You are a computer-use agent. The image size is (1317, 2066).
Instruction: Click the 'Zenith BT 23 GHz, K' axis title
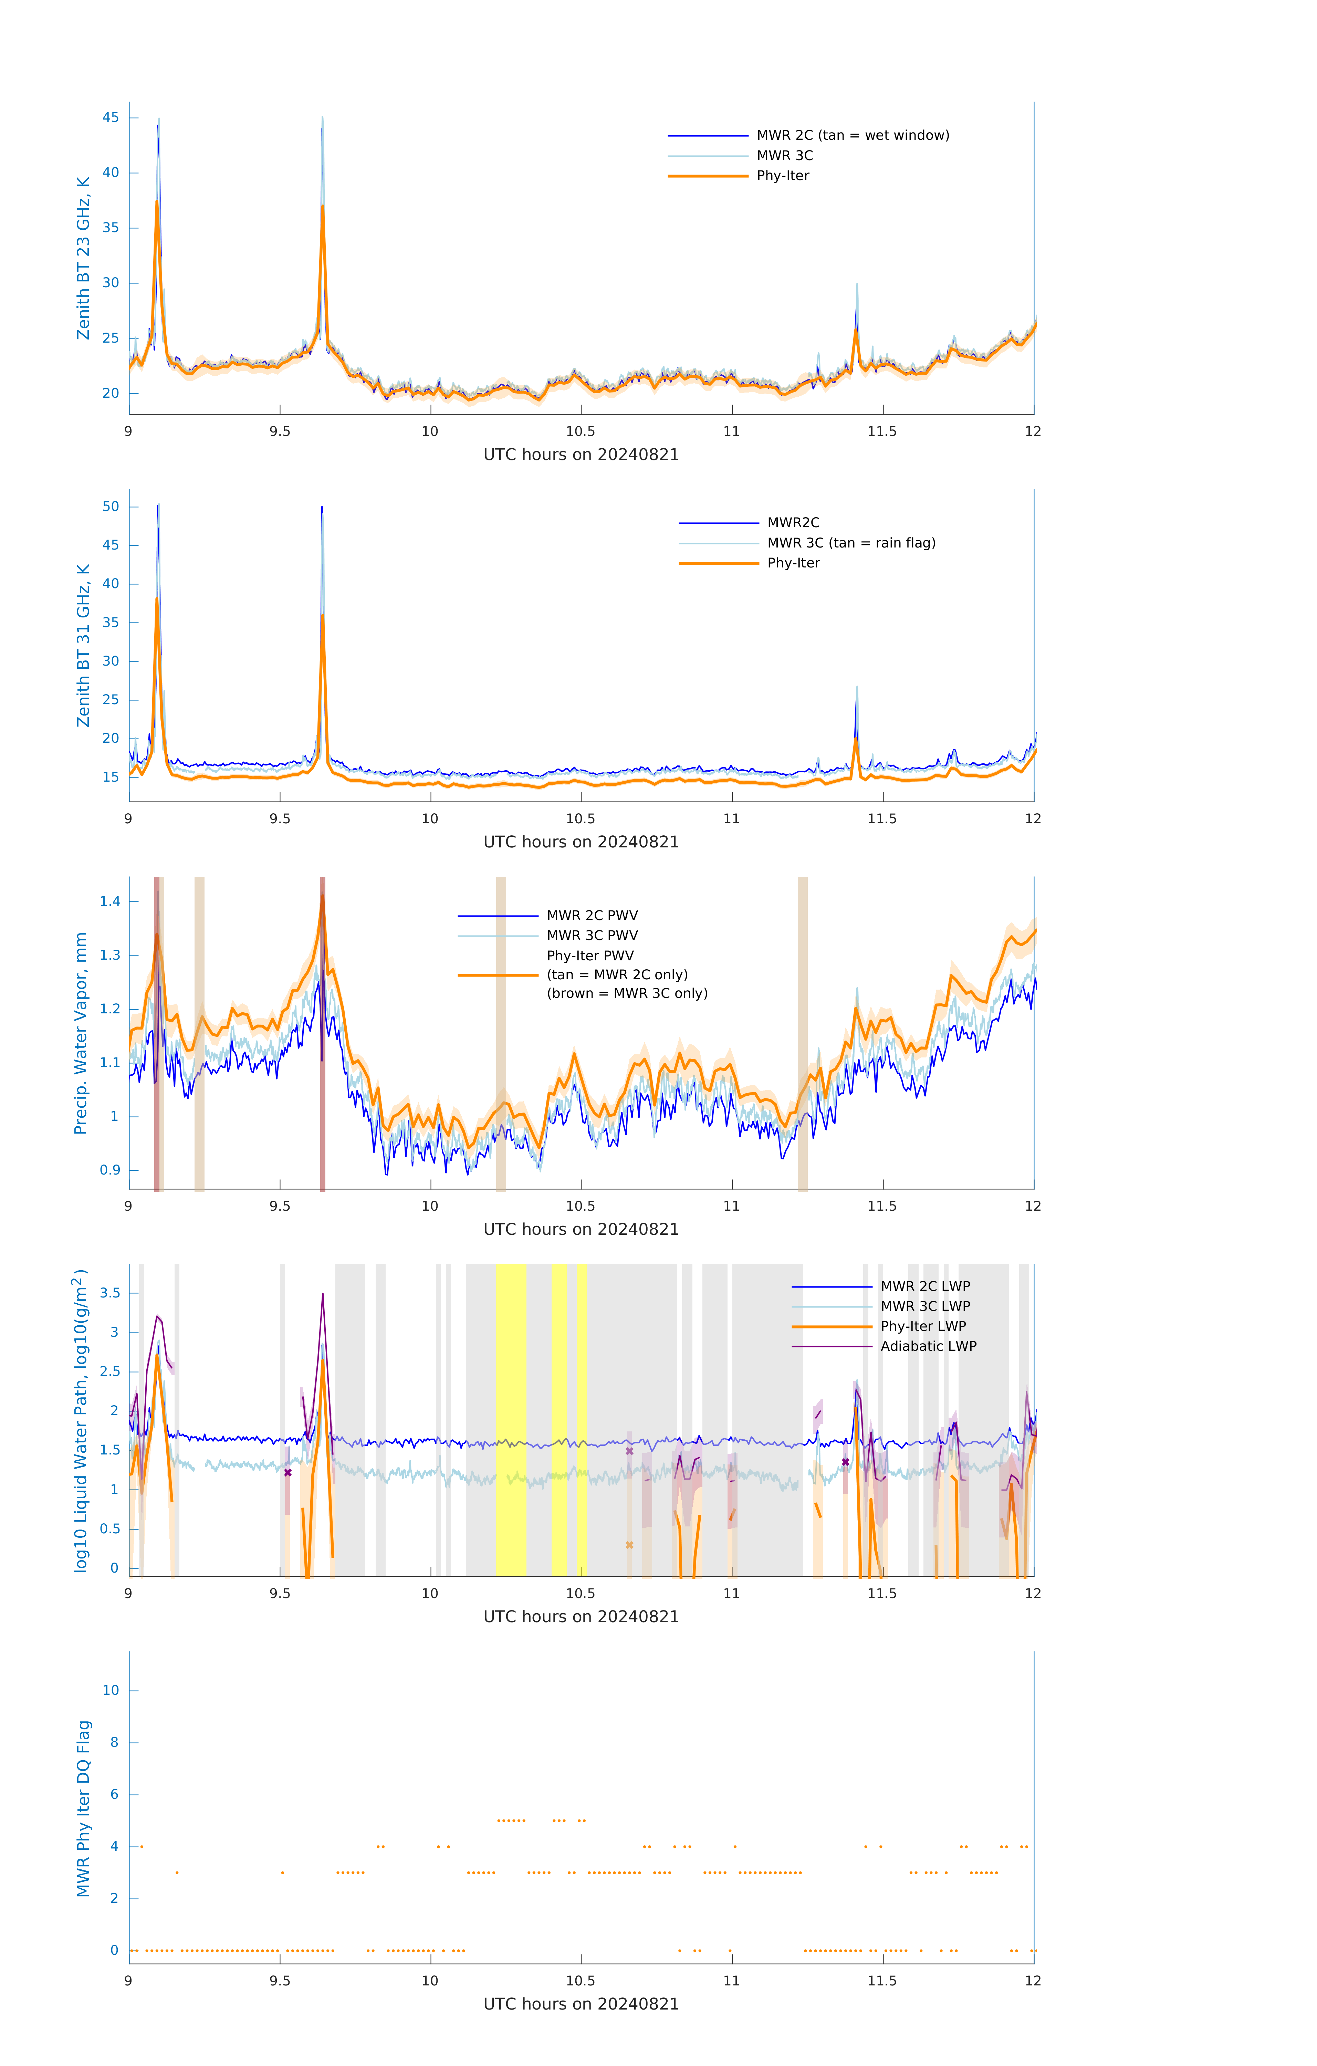[x=83, y=258]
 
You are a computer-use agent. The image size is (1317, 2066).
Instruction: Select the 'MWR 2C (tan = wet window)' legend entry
[x=852, y=136]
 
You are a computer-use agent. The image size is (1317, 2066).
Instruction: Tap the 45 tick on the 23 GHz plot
[x=111, y=117]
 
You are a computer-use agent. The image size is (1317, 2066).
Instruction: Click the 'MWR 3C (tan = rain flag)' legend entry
[x=850, y=543]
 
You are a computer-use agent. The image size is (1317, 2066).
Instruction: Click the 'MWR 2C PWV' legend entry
[x=592, y=916]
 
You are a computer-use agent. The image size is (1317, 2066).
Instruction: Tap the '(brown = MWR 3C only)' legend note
[x=627, y=993]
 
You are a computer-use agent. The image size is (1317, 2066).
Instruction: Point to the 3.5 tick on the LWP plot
[x=110, y=1293]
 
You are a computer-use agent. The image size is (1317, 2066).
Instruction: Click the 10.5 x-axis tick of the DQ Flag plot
[x=581, y=1981]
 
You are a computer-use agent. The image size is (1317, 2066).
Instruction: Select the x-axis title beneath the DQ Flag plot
[x=581, y=2004]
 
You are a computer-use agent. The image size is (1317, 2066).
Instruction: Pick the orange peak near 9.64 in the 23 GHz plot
[x=323, y=208]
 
